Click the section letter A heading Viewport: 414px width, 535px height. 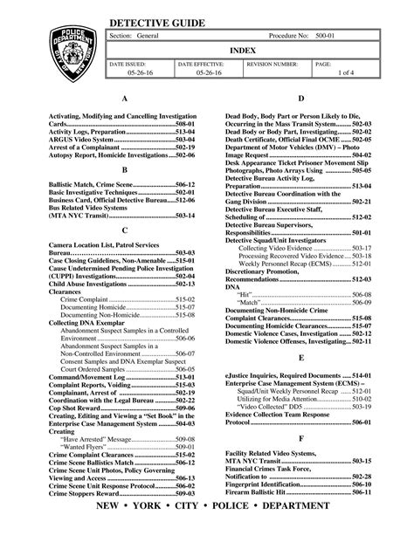tap(126, 100)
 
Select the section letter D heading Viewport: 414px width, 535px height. tap(300, 100)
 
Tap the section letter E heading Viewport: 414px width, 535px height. tap(300, 358)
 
